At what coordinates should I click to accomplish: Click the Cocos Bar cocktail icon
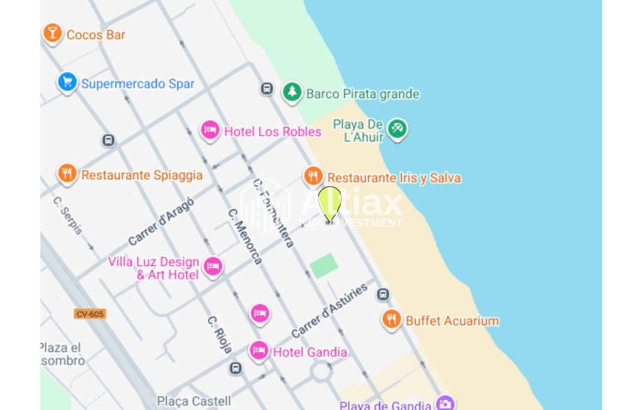pyautogui.click(x=52, y=32)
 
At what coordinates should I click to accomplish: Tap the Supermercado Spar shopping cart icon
pyautogui.click(x=67, y=82)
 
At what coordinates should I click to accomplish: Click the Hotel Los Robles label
pyautogui.click(x=272, y=131)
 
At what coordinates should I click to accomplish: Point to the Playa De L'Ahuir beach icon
pyautogui.click(x=397, y=128)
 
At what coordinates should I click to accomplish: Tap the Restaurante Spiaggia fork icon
pyautogui.click(x=67, y=174)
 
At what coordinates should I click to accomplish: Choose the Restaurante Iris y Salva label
pyautogui.click(x=394, y=178)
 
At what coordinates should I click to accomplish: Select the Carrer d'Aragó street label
pyautogui.click(x=161, y=221)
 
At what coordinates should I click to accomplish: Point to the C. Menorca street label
pyautogui.click(x=245, y=236)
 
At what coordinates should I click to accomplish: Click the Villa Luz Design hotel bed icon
pyautogui.click(x=212, y=266)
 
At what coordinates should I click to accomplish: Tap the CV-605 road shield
pyautogui.click(x=90, y=314)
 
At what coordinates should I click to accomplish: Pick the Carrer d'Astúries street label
pyautogui.click(x=329, y=311)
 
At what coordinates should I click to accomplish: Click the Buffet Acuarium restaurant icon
pyautogui.click(x=392, y=319)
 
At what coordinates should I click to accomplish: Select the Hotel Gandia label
pyautogui.click(x=309, y=352)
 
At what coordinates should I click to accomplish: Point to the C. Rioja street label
pyautogui.click(x=220, y=334)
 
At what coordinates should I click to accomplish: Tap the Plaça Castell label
pyautogui.click(x=194, y=401)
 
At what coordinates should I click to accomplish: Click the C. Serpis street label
pyautogui.click(x=67, y=215)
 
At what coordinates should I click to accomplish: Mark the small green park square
pyautogui.click(x=324, y=266)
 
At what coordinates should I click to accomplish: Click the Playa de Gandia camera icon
pyautogui.click(x=445, y=403)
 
